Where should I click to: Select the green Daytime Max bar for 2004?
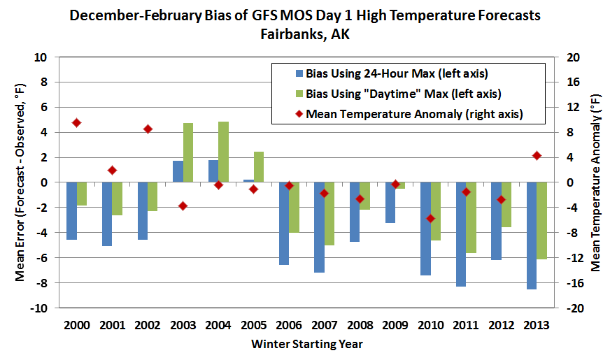(x=223, y=152)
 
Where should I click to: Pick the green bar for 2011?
(x=471, y=217)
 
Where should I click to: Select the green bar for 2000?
(x=82, y=194)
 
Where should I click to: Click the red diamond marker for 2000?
(x=77, y=122)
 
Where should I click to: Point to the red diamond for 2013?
(x=537, y=155)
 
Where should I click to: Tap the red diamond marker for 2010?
(x=431, y=219)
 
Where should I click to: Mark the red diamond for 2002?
(x=148, y=129)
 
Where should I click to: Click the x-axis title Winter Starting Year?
(x=307, y=344)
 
